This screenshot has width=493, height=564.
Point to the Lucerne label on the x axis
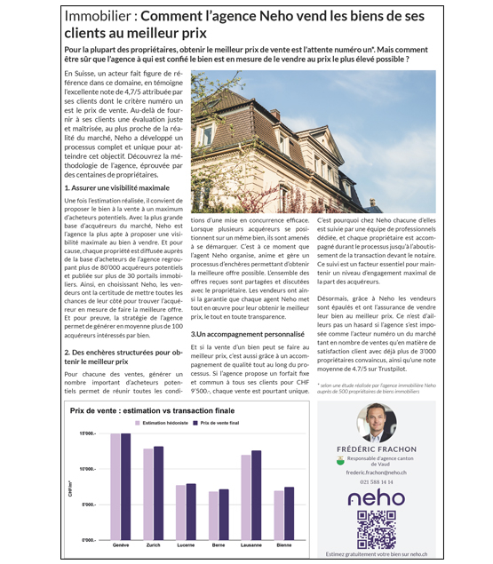tap(186, 544)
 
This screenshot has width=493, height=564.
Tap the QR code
tap(375, 529)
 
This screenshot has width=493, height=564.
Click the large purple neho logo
tap(376, 498)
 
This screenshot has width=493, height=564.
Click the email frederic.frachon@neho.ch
tap(377, 472)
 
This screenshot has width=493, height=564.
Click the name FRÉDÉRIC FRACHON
tap(377, 450)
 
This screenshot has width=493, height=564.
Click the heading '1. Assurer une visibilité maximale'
tap(117, 188)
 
